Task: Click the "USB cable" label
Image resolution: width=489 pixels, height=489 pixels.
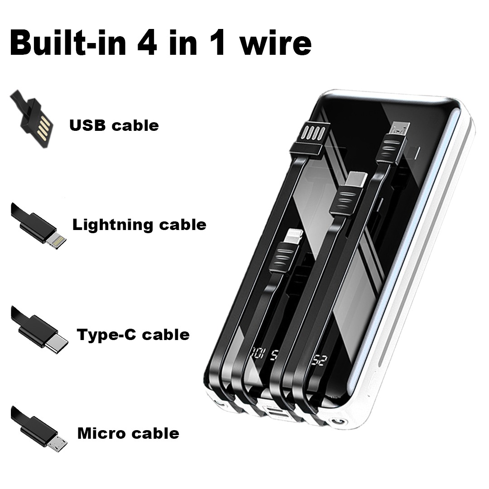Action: pyautogui.click(x=114, y=125)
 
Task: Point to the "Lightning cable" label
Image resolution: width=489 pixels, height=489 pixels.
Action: pyautogui.click(x=139, y=224)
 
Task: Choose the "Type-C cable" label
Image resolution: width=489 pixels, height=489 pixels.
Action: pyautogui.click(x=133, y=335)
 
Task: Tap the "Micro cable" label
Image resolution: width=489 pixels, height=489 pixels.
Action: pyautogui.click(x=128, y=433)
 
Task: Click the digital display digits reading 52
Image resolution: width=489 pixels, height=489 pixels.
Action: pyautogui.click(x=319, y=361)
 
